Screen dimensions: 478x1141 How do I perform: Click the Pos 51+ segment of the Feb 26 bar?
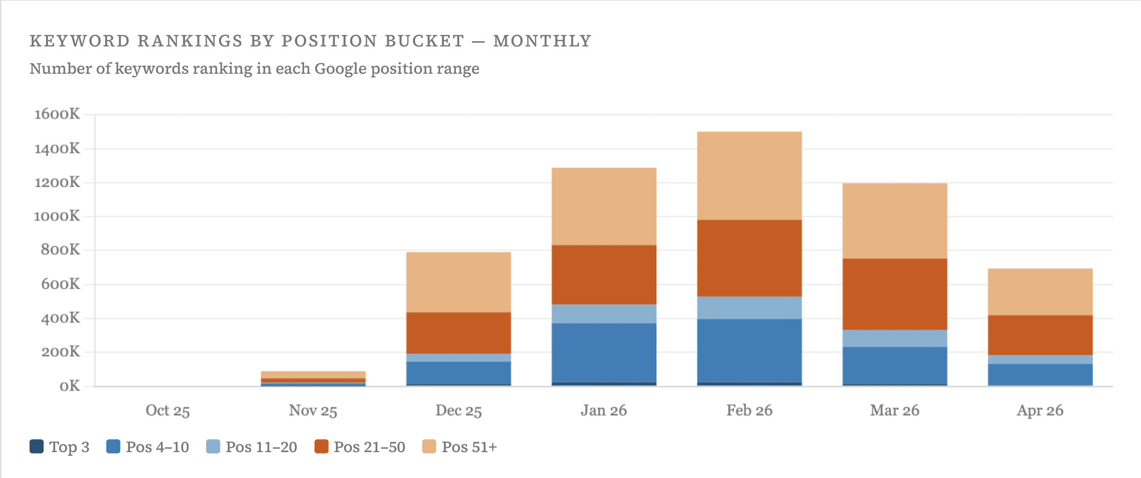(x=749, y=175)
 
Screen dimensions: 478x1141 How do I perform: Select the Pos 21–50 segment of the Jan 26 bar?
(x=604, y=274)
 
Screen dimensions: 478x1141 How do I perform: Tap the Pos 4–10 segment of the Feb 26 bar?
(x=749, y=350)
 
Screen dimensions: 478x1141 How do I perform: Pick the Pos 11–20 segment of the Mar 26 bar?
(x=895, y=338)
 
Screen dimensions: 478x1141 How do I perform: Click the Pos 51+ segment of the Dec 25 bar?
(x=458, y=282)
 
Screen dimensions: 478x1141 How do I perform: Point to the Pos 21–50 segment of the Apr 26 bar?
(x=1040, y=335)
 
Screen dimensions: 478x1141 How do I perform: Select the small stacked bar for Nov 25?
(x=313, y=378)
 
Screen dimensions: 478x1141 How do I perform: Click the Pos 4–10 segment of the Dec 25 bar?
(x=458, y=373)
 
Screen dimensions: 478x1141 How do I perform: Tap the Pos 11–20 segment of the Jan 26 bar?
(x=604, y=314)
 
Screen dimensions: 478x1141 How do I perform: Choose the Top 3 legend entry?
(x=60, y=447)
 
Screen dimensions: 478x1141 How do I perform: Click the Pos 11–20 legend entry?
(x=252, y=447)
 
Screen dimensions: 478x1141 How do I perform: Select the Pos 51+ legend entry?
(x=460, y=447)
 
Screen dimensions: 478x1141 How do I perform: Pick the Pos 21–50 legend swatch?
(x=321, y=446)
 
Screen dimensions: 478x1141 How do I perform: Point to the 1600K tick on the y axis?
(x=57, y=114)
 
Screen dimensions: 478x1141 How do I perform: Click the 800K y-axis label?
(x=60, y=250)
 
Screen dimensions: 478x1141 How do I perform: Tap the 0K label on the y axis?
(x=70, y=386)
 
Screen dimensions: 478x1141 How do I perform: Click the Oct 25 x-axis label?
(x=168, y=410)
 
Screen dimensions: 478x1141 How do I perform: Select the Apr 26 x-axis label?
(x=1040, y=410)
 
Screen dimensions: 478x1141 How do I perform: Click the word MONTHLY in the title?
(x=542, y=41)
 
